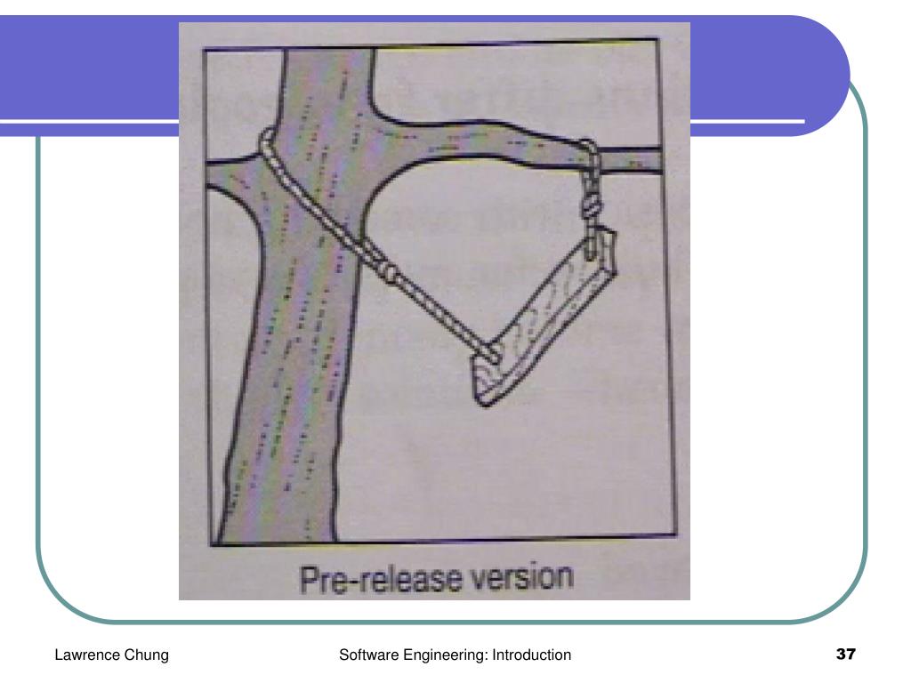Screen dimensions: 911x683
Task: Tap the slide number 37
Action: pyautogui.click(x=845, y=654)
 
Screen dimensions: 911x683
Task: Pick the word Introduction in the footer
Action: pyautogui.click(x=532, y=655)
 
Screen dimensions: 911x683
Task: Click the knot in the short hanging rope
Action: pyautogui.click(x=591, y=205)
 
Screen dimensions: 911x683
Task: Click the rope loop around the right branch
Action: pyautogui.click(x=589, y=154)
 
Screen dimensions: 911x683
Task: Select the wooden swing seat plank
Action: pyautogui.click(x=544, y=318)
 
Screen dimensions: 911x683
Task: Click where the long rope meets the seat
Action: pyautogui.click(x=494, y=354)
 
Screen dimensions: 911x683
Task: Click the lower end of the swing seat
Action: pyautogui.click(x=484, y=401)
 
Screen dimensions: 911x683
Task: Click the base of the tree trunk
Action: pyautogui.click(x=276, y=537)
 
